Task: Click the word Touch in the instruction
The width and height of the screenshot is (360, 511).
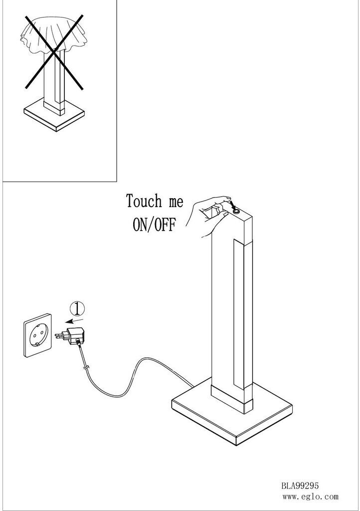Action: pos(144,202)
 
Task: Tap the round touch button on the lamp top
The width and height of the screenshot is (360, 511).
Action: pos(237,212)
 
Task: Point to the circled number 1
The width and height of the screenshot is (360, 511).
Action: pos(76,307)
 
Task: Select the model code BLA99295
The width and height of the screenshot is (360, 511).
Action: pos(299,485)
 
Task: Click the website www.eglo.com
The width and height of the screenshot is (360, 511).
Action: pos(310,497)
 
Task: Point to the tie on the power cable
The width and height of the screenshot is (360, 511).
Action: pos(86,368)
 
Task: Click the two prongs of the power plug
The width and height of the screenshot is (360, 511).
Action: pos(59,335)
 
